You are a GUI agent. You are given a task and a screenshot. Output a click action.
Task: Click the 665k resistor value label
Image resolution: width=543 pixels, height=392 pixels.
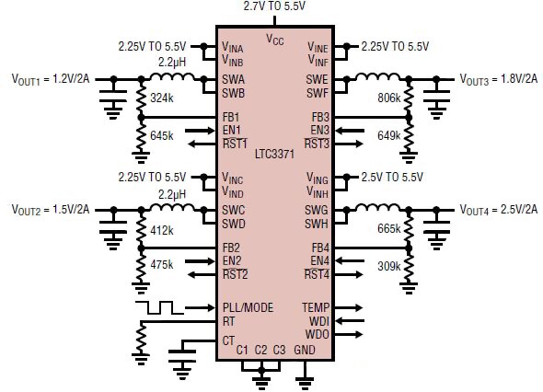click(389, 228)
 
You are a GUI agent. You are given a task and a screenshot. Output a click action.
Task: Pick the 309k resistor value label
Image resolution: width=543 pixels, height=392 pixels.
click(389, 266)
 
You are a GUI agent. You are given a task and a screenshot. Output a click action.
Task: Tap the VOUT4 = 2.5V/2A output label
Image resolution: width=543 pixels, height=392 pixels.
click(497, 209)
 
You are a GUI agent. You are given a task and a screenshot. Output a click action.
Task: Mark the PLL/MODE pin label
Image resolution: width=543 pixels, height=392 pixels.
click(248, 307)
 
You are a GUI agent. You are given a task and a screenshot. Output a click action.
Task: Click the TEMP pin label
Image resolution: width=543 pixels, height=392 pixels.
click(315, 307)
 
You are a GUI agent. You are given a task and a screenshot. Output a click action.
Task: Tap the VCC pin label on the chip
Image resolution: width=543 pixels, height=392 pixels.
click(275, 39)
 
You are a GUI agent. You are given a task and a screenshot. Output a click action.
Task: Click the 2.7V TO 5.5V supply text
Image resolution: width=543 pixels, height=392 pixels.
click(275, 6)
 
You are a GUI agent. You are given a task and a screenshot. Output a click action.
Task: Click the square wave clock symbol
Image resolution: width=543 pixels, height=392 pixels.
click(154, 306)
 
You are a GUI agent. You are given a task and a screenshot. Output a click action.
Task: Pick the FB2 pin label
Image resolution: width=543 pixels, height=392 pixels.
click(231, 248)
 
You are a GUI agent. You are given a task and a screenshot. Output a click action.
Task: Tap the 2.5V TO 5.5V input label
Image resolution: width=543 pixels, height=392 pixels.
click(399, 176)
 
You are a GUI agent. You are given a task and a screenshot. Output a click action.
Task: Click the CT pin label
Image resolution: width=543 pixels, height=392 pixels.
click(228, 340)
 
